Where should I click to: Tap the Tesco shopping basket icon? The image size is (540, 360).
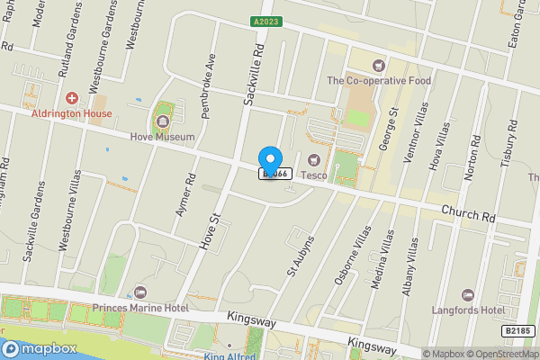click(x=313, y=160)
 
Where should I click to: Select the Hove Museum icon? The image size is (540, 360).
click(x=163, y=117)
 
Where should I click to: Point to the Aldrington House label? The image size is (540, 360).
click(x=72, y=113)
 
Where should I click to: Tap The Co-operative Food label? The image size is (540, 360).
click(x=379, y=80)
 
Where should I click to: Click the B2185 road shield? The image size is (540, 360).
click(x=517, y=331)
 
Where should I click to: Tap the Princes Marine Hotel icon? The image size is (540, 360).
click(x=139, y=292)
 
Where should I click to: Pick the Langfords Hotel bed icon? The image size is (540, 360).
click(x=467, y=294)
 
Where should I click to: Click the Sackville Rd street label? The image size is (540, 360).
click(x=256, y=71)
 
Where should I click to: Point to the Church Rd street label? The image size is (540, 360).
click(x=468, y=213)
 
